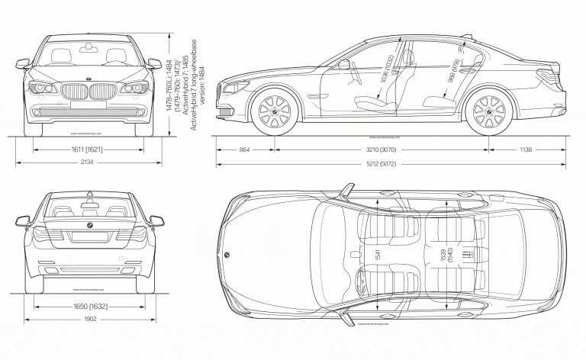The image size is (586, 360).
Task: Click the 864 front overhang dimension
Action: (x=244, y=150)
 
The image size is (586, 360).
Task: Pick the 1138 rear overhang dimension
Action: (x=526, y=150)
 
